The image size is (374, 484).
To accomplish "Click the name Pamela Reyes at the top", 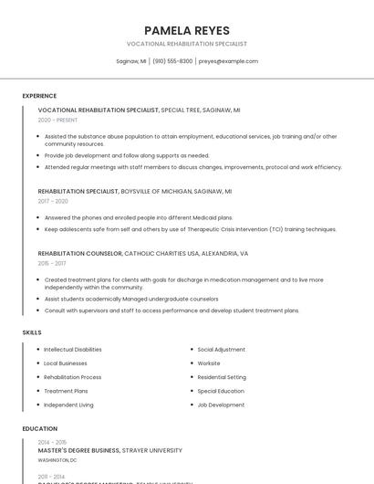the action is pos(187,30).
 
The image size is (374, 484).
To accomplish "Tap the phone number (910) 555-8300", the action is pos(172,61).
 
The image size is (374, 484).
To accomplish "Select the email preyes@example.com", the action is pos(228,61).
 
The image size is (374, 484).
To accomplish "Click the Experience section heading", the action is pos(39,96).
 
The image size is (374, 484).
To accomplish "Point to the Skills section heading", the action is pos(32,332).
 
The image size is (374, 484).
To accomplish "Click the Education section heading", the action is pos(40,428).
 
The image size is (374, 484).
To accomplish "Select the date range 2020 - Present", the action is pos(57,120).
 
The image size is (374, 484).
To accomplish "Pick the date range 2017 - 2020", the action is pos(53,201).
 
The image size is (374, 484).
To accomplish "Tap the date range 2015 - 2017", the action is pos(52,262).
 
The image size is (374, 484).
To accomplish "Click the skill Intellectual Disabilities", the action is pos(73,350).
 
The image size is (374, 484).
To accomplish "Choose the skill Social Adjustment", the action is pos(222,350).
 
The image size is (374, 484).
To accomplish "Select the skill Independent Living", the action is pos(68,405).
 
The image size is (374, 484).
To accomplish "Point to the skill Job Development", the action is pos(221,405).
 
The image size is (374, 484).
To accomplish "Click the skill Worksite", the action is pos(209,363).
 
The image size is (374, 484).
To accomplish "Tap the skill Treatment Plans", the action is pos(66,391).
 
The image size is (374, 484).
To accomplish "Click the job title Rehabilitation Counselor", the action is pos(80,253).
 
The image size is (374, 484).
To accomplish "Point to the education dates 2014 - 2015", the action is pos(52,442).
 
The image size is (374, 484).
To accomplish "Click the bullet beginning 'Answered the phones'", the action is pos(139,217).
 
